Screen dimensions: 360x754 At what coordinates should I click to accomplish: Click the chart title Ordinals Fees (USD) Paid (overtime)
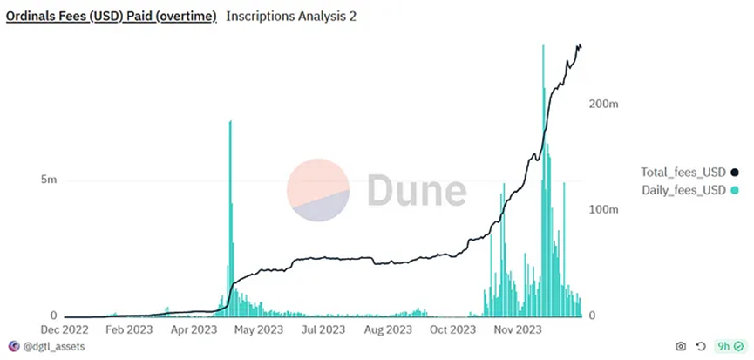[x=112, y=16]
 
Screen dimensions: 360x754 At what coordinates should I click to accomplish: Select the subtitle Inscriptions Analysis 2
[x=290, y=16]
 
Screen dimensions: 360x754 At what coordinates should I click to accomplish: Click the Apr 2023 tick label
[x=194, y=329]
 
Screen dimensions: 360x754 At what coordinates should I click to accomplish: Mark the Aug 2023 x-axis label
[x=389, y=329]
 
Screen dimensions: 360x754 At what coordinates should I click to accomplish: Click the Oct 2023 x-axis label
[x=452, y=329]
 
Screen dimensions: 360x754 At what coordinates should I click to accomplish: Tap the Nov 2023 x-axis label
[x=517, y=329]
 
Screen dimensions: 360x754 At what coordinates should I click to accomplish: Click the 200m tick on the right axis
[x=604, y=104]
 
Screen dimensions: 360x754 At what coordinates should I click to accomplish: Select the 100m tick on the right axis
[x=604, y=210]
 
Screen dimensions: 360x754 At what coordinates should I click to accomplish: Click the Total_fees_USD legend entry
[x=683, y=172]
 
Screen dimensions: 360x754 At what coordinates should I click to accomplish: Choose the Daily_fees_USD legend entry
[x=683, y=190]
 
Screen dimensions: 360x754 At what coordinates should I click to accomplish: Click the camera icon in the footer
[x=680, y=346]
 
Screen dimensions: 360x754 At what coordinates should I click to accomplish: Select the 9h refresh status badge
[x=728, y=346]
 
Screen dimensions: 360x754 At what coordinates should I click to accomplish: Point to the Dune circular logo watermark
[x=319, y=189]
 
